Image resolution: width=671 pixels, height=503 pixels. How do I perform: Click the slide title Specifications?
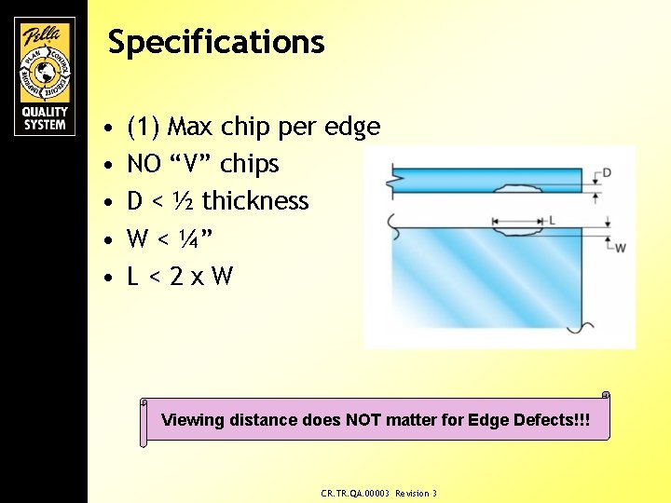point(216,43)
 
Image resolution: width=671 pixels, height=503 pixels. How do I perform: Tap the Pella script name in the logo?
point(44,36)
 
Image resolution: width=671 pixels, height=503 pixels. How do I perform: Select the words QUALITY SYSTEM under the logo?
point(44,116)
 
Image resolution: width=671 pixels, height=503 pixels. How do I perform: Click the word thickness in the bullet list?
point(255,201)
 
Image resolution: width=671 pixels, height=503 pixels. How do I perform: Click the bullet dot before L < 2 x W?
point(110,278)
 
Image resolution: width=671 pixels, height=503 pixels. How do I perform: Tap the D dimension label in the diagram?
point(607,172)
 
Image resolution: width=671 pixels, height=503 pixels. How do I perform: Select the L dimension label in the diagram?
point(553,220)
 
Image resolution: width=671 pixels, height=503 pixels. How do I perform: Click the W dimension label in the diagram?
point(620,247)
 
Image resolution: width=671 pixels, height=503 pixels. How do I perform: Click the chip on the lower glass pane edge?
point(518,224)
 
